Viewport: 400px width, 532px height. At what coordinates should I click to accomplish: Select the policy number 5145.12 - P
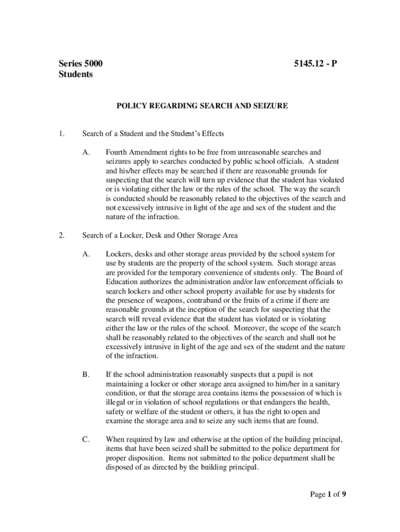pos(316,64)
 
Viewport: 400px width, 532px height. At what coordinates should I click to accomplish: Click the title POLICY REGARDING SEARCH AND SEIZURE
pos(202,105)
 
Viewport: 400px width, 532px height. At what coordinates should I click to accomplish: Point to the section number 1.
pos(61,134)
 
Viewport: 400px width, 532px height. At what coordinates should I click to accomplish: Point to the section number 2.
pos(61,236)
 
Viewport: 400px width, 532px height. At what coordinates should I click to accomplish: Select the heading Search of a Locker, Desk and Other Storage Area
pos(160,236)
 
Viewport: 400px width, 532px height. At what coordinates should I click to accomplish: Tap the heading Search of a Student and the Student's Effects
pos(153,134)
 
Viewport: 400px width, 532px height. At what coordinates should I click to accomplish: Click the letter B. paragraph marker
pos(86,374)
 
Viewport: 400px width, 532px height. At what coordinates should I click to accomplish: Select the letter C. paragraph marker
pos(86,440)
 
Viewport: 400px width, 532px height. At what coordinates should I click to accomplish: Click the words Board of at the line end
pos(329,273)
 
